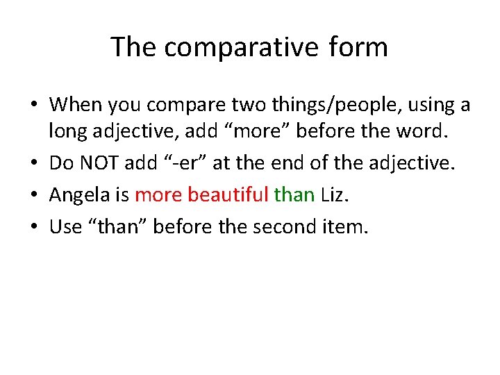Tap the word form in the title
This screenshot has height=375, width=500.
358,47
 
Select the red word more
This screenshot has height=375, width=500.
158,195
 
